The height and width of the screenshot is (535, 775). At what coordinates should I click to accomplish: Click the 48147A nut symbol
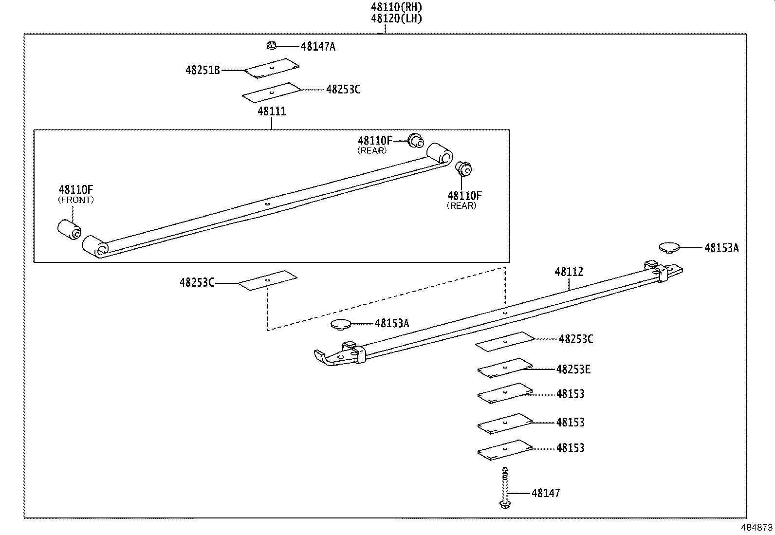click(x=272, y=46)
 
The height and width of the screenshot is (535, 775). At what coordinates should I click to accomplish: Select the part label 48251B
click(x=203, y=70)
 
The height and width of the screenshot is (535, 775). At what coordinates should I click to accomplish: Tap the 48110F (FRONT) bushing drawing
click(x=69, y=229)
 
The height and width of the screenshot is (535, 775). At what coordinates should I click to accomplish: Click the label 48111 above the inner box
click(x=272, y=111)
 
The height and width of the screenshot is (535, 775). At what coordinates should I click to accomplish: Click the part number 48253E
click(x=573, y=369)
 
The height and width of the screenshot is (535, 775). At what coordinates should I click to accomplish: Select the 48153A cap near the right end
click(x=669, y=248)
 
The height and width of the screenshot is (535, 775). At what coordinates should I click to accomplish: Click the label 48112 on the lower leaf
click(x=568, y=272)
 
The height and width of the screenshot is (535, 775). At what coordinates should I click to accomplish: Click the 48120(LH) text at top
click(x=396, y=19)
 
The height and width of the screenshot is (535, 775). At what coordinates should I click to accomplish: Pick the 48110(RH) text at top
click(x=396, y=7)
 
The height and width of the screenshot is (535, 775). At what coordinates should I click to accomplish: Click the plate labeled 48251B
click(x=272, y=68)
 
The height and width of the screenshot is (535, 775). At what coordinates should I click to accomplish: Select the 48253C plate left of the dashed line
click(x=267, y=281)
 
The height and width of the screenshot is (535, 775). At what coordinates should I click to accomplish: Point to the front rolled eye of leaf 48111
click(x=95, y=247)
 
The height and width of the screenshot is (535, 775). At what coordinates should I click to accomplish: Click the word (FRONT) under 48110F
click(x=76, y=200)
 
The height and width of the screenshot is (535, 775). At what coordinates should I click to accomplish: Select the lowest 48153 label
click(x=570, y=448)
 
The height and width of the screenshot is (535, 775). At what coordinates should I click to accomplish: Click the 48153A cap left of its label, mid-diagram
click(x=340, y=324)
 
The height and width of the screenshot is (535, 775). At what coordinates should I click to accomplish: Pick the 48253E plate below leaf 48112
click(x=505, y=368)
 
